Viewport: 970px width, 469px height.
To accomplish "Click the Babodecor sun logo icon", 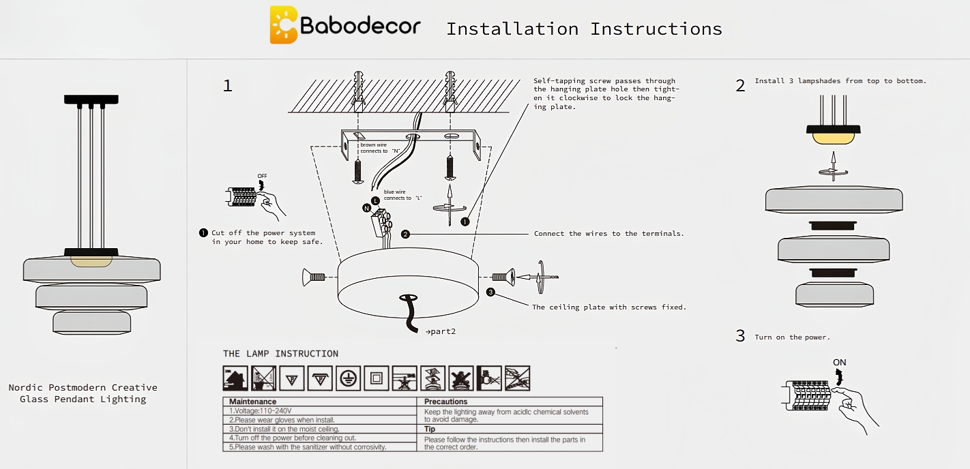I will pos(283,25).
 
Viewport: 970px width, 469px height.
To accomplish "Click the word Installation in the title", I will pos(512,29).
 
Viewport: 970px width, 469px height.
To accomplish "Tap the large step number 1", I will pos(228,86).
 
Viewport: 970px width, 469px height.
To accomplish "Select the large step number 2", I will pos(740,86).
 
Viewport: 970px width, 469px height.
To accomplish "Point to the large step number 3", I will pos(740,336).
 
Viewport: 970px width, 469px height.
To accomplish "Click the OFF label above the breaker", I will pos(263,176).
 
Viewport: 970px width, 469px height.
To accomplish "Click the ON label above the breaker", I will pos(839,362).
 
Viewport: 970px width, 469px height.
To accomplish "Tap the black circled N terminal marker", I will pos(366,208).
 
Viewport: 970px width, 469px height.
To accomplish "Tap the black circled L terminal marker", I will pos(374,201).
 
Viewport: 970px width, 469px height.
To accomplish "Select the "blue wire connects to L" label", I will pos(402,195).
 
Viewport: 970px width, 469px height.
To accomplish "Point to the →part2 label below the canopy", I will pos(440,331).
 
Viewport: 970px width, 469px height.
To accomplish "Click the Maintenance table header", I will pos(252,402).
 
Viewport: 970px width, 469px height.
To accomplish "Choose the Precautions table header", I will pos(446,402).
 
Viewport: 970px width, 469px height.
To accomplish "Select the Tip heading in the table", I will pos(430,429).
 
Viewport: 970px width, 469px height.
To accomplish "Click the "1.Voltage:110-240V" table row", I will pos(261,411).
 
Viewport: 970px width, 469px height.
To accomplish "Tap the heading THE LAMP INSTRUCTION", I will pos(280,354).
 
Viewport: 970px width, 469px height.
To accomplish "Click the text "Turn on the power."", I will pos(792,337).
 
